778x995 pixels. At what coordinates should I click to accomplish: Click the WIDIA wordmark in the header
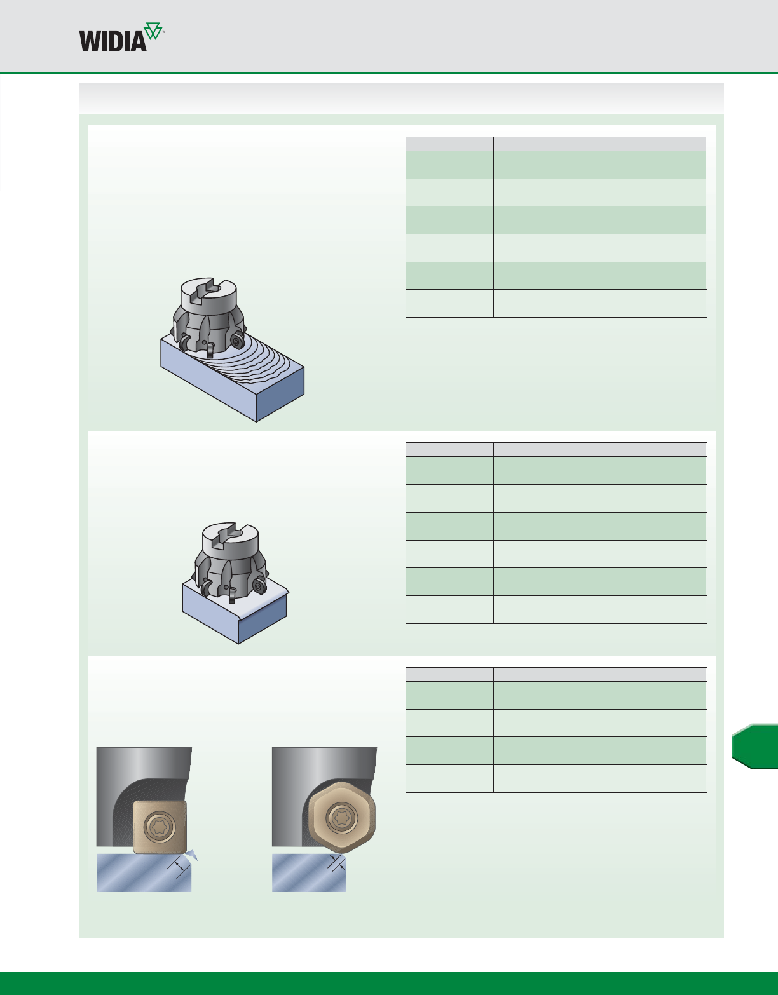(113, 42)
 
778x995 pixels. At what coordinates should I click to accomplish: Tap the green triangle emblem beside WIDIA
(153, 30)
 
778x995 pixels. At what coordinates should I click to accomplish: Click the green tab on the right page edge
(754, 746)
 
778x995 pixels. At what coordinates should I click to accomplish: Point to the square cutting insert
(160, 827)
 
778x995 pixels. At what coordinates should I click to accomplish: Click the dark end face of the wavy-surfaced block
(280, 394)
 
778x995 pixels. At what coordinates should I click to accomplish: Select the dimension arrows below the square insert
(179, 866)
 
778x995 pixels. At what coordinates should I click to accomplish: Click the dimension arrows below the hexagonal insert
(338, 863)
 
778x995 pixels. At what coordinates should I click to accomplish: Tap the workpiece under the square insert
(144, 873)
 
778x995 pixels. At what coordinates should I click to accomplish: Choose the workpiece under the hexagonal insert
(309, 873)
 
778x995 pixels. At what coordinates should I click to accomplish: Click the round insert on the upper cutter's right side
(237, 341)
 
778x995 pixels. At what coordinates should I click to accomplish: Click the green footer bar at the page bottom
(389, 984)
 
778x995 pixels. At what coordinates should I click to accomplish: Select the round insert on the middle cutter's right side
(259, 586)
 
